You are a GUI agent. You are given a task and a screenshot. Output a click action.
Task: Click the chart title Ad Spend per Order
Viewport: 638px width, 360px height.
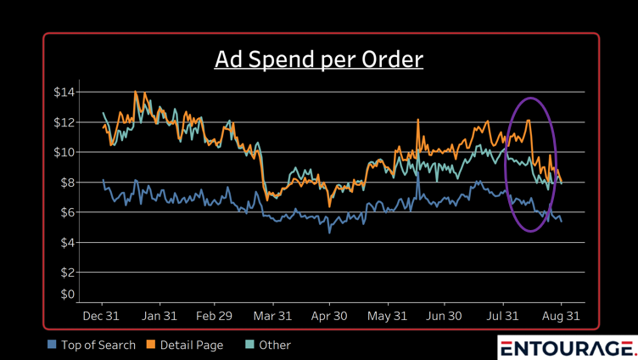point(319,59)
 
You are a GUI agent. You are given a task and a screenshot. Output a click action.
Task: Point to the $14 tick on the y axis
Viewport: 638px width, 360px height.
point(64,92)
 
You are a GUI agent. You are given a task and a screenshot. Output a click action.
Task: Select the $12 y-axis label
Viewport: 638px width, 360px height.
point(64,122)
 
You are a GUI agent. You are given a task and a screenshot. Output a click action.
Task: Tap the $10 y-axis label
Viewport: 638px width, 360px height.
point(64,152)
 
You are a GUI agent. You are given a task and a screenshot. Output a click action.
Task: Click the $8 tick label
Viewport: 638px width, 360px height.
point(67,183)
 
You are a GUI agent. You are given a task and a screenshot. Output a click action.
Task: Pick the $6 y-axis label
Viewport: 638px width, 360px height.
point(67,212)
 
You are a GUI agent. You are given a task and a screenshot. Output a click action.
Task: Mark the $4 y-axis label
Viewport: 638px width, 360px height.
point(67,243)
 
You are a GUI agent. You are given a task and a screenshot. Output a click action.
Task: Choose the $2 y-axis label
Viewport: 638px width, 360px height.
point(67,273)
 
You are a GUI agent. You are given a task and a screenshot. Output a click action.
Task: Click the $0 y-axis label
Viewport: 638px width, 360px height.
point(67,295)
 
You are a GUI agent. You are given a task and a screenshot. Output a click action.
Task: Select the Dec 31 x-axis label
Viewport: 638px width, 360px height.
point(102,316)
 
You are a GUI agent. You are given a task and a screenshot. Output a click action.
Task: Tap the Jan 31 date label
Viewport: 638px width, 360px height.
point(159,316)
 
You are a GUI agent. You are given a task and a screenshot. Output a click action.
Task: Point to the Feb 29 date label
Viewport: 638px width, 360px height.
point(214,316)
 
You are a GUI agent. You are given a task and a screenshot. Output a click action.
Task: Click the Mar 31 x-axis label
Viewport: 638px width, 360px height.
point(273,316)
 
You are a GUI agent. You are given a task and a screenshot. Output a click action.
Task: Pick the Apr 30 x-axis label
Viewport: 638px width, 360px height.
point(329,316)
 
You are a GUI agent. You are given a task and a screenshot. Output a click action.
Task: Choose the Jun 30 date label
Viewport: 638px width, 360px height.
point(444,316)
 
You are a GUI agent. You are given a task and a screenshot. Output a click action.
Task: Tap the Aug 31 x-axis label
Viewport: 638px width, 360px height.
point(561,316)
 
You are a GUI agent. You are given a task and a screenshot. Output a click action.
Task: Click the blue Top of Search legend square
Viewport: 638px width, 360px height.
point(53,345)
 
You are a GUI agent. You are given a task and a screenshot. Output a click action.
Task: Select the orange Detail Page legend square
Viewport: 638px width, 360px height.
point(152,345)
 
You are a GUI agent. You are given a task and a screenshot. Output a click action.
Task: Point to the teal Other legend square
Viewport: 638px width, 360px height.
point(250,345)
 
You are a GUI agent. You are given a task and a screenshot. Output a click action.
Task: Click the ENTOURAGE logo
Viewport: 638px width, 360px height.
point(567,348)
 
